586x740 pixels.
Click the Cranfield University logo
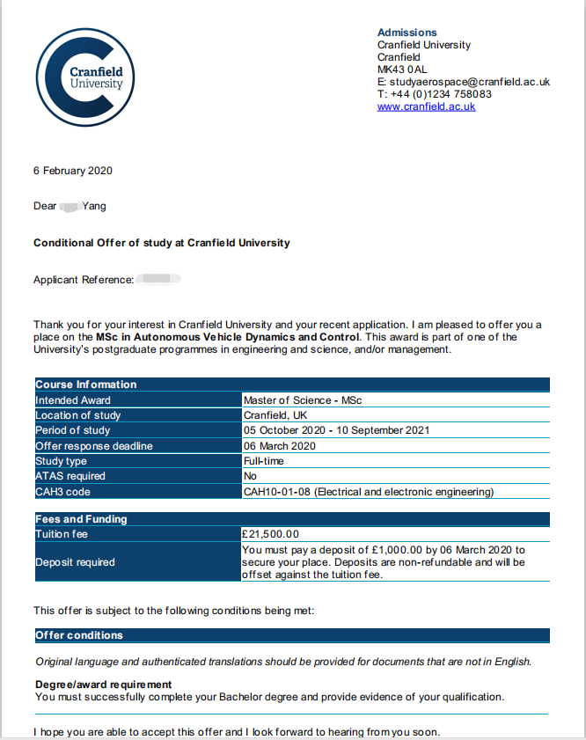tap(85, 78)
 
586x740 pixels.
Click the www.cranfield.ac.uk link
tap(426, 106)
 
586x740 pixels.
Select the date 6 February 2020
tap(73, 171)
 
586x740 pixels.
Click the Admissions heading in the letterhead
tap(407, 33)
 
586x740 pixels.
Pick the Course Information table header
tap(86, 385)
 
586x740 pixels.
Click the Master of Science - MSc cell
tap(303, 400)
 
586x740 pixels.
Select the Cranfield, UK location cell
tap(275, 415)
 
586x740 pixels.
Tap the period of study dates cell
tap(336, 430)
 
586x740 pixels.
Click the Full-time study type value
tap(264, 461)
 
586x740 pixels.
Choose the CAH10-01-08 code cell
tap(368, 492)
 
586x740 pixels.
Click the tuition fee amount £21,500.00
tap(271, 534)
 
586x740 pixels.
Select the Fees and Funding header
tap(81, 519)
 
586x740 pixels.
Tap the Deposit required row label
tap(75, 562)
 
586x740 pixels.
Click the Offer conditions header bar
tap(79, 635)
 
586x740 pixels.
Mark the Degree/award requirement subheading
tap(103, 685)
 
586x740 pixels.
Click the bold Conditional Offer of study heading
tap(161, 243)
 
